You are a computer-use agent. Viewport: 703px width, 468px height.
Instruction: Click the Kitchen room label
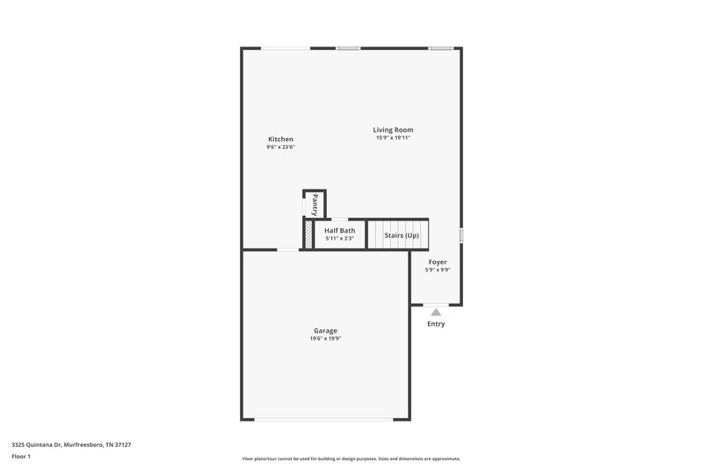tap(280, 139)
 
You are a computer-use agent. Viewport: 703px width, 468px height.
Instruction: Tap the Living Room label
tap(393, 130)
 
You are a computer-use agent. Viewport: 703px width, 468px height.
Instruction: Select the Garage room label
tap(324, 331)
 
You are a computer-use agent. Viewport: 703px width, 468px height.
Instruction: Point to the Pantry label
tap(315, 205)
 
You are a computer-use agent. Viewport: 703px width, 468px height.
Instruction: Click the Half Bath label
tap(340, 231)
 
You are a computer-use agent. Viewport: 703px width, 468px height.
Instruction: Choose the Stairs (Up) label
tap(402, 235)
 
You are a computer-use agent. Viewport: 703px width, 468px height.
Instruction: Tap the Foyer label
tap(438, 262)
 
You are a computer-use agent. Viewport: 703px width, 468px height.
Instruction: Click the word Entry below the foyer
tap(436, 324)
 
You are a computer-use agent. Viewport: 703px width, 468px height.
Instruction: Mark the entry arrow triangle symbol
tap(436, 311)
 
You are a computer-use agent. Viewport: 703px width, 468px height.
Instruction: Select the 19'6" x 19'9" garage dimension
tap(324, 339)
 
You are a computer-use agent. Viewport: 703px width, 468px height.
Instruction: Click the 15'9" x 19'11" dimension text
tap(393, 138)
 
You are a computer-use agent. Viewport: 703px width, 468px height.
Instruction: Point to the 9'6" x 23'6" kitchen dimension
tap(280, 147)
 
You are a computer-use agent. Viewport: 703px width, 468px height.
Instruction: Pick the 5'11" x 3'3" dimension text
tap(340, 239)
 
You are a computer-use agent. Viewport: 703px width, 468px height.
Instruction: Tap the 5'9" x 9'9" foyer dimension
tap(438, 270)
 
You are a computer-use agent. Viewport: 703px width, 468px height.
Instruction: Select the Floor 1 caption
tap(21, 457)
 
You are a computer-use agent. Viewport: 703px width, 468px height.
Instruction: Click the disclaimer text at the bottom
tap(351, 458)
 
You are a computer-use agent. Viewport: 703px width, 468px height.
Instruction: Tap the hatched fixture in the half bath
tap(308, 234)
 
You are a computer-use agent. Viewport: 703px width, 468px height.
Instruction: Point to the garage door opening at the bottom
tap(324, 420)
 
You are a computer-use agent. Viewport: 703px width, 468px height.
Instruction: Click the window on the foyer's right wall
tap(461, 234)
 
